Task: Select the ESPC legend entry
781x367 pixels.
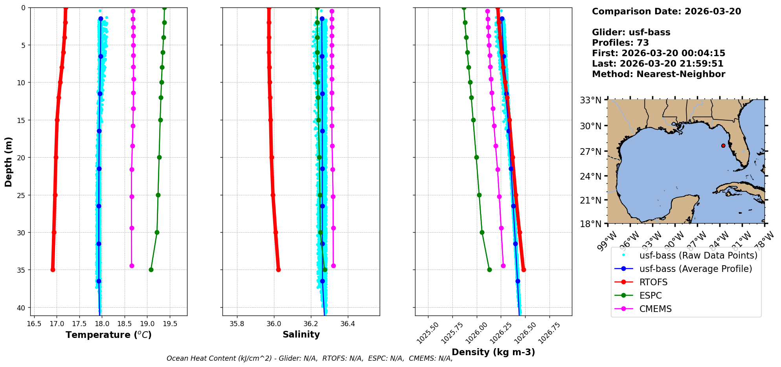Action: [651, 295]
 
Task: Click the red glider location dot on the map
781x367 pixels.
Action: [723, 146]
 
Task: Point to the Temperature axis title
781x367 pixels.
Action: [108, 335]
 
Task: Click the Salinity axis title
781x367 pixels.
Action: [301, 334]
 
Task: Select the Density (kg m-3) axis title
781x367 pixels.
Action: [493, 352]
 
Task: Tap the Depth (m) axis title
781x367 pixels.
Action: [8, 162]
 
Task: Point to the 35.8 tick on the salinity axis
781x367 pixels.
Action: [237, 324]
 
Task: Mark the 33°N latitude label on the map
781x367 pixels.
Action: [591, 100]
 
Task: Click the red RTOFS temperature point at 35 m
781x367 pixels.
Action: [53, 270]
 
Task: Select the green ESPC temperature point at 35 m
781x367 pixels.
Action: [151, 270]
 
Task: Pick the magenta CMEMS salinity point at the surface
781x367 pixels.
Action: [332, 11]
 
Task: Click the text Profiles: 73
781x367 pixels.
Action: [620, 43]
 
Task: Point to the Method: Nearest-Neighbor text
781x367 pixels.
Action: [658, 74]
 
